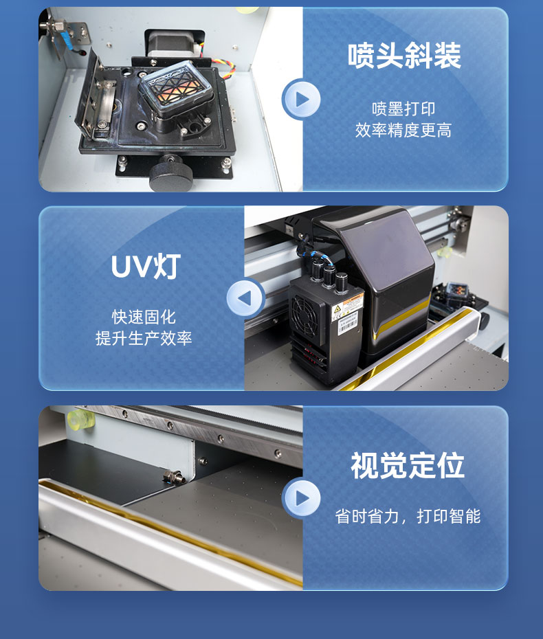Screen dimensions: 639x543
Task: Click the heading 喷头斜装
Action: (x=404, y=56)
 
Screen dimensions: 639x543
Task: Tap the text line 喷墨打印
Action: (x=404, y=109)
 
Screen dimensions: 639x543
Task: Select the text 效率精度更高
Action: (x=404, y=131)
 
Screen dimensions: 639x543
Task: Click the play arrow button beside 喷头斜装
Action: (x=302, y=100)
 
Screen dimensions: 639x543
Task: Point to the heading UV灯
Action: (x=145, y=267)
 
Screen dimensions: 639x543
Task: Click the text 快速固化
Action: (x=144, y=317)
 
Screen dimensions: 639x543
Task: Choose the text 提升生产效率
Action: (x=144, y=339)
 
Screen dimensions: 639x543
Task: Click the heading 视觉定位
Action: (x=408, y=465)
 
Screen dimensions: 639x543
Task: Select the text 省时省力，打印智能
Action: (x=408, y=516)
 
